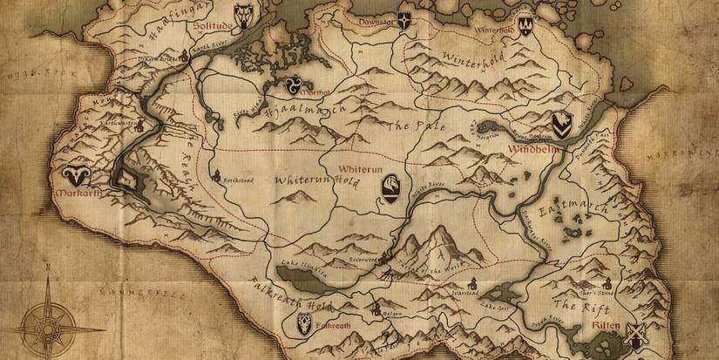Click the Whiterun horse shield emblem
point(392,187)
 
